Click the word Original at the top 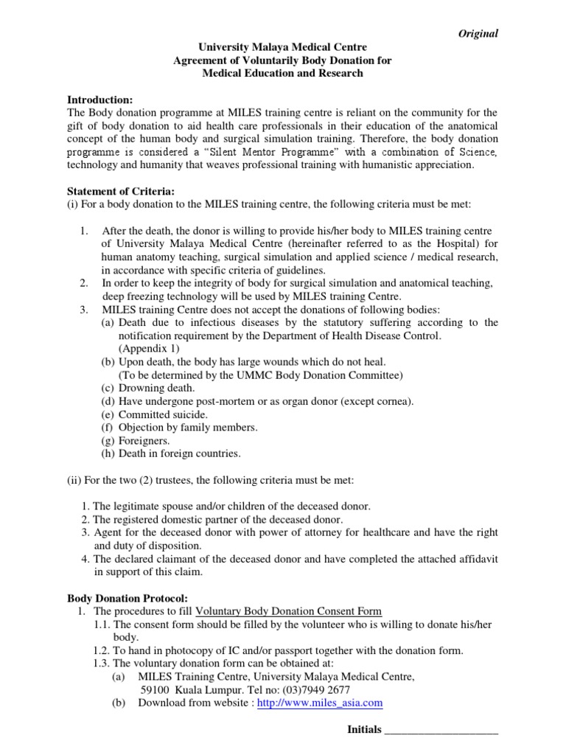coord(478,33)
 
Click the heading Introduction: coord(100,100)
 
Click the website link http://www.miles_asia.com coord(321,703)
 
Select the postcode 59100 coord(155,689)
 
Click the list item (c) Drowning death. coord(148,388)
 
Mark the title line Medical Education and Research coord(283,74)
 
